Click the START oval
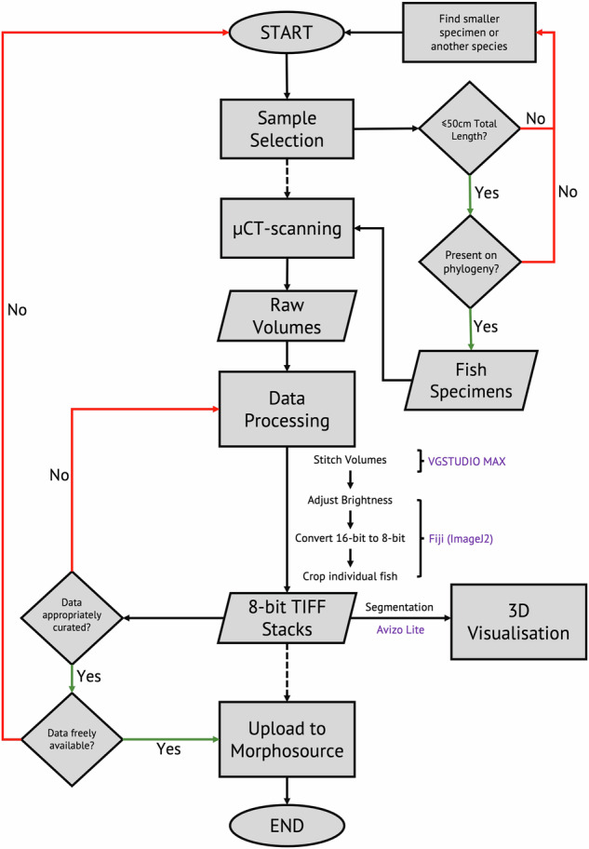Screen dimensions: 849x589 pyautogui.click(x=287, y=33)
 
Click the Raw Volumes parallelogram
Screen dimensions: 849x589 pyautogui.click(x=287, y=316)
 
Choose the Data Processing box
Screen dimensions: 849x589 pyautogui.click(x=287, y=409)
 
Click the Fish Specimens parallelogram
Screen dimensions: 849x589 pyautogui.click(x=462, y=380)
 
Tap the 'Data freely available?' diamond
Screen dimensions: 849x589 pyautogui.click(x=72, y=740)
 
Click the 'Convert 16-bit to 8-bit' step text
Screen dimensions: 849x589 pyautogui.click(x=350, y=537)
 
